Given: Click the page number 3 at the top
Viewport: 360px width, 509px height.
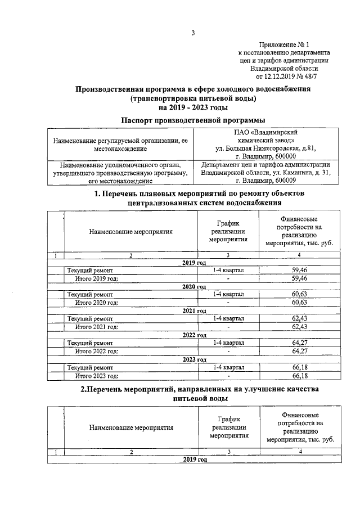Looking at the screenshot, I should point(192,32).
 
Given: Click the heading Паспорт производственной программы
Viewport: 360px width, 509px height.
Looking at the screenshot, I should point(193,120).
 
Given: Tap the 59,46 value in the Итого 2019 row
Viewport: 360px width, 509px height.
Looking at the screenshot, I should point(299,278).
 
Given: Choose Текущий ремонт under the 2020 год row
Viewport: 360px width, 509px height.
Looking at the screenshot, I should point(90,294).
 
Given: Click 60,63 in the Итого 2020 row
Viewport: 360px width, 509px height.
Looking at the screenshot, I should point(299,303).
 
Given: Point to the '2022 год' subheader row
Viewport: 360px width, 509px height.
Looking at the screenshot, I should point(193,335).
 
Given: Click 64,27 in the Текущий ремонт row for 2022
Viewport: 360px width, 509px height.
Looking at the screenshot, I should point(299,343).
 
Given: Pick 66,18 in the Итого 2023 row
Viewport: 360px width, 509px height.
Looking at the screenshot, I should point(299,375).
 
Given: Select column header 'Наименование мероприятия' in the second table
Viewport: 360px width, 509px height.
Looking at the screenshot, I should point(130,427).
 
